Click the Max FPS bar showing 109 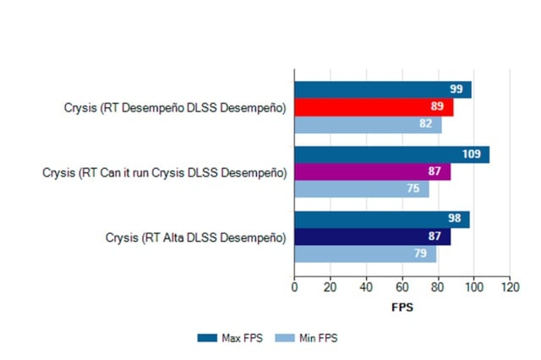(x=391, y=155)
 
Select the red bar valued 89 (x=374, y=107)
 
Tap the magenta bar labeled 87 (x=372, y=172)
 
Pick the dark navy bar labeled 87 (x=372, y=237)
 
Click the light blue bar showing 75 (x=361, y=189)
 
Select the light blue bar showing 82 (x=368, y=125)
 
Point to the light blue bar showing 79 (x=365, y=254)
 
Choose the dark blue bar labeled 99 (x=383, y=90)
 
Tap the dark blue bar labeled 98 (x=381, y=220)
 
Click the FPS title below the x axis (x=402, y=308)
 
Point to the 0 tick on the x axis (x=294, y=288)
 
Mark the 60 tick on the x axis (x=402, y=288)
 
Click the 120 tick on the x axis (x=509, y=288)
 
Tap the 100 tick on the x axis (x=473, y=288)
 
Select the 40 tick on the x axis (x=366, y=288)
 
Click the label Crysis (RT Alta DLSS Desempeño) (x=195, y=237)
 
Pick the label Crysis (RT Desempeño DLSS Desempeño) (x=175, y=108)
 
